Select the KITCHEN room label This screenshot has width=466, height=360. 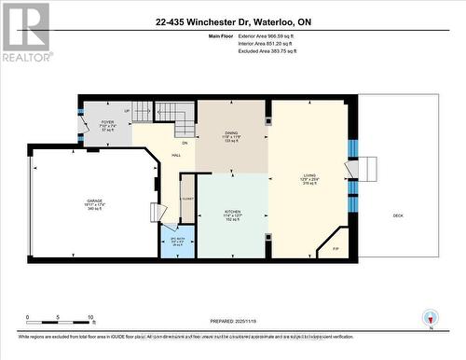point(232,213)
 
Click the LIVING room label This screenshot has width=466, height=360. point(308,176)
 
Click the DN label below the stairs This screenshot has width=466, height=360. point(185,143)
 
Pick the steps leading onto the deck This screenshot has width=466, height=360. point(369,171)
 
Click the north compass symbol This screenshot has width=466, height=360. point(430,316)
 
